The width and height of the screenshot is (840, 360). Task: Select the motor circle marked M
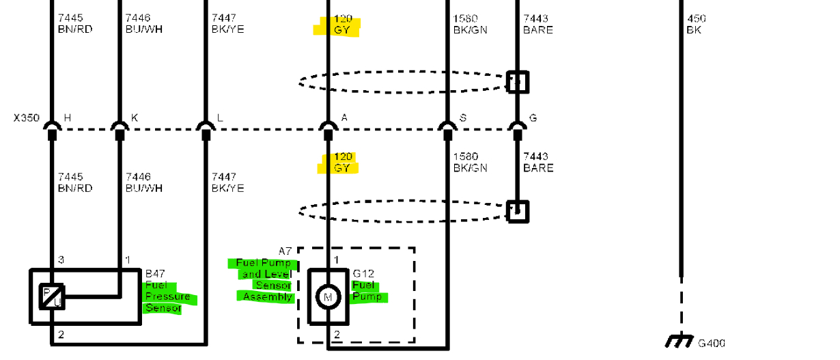click(328, 297)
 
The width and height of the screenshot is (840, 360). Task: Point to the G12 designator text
click(363, 274)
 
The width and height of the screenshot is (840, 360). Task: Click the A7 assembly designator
click(285, 252)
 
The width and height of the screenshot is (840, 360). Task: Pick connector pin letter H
click(67, 117)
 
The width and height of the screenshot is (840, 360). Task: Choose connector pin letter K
click(135, 117)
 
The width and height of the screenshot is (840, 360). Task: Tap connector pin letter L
click(220, 117)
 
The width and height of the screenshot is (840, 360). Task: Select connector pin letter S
click(463, 117)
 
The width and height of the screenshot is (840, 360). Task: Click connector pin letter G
click(533, 117)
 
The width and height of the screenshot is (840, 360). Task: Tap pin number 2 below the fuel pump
click(337, 334)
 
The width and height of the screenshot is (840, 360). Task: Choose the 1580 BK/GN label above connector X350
click(470, 24)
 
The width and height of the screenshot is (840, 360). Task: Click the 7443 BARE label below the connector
click(538, 162)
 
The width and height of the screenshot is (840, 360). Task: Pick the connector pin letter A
click(344, 117)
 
